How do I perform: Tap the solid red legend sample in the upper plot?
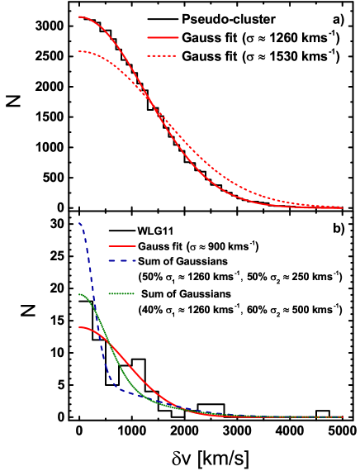coord(163,37)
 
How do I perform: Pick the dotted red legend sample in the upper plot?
coord(162,56)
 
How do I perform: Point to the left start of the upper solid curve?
coord(79,17)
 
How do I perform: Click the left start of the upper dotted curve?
coord(79,51)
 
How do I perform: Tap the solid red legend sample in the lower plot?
coord(122,246)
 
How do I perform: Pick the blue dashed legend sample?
coord(122,260)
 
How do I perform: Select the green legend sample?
coord(121,293)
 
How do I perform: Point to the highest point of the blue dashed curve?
coord(80,223)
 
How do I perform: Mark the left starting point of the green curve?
coord(79,294)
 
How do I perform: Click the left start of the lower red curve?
coord(79,328)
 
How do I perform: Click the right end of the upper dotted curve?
coord(342,207)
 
